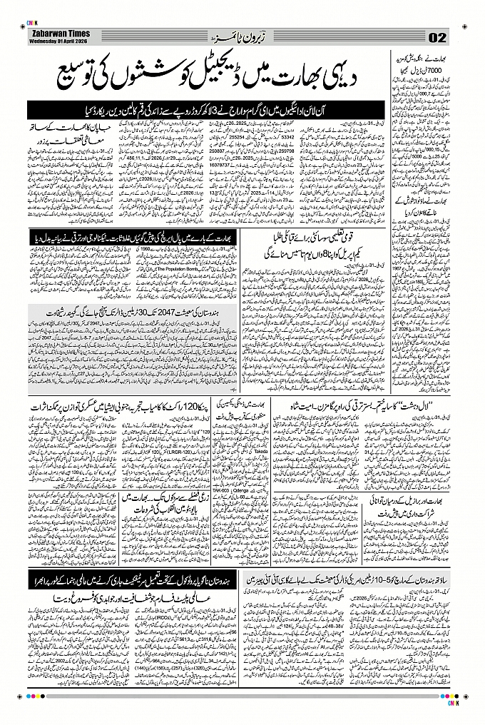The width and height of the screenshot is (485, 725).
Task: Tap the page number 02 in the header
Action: tap(437, 37)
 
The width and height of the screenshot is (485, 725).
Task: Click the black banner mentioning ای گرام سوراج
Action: tap(207, 111)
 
